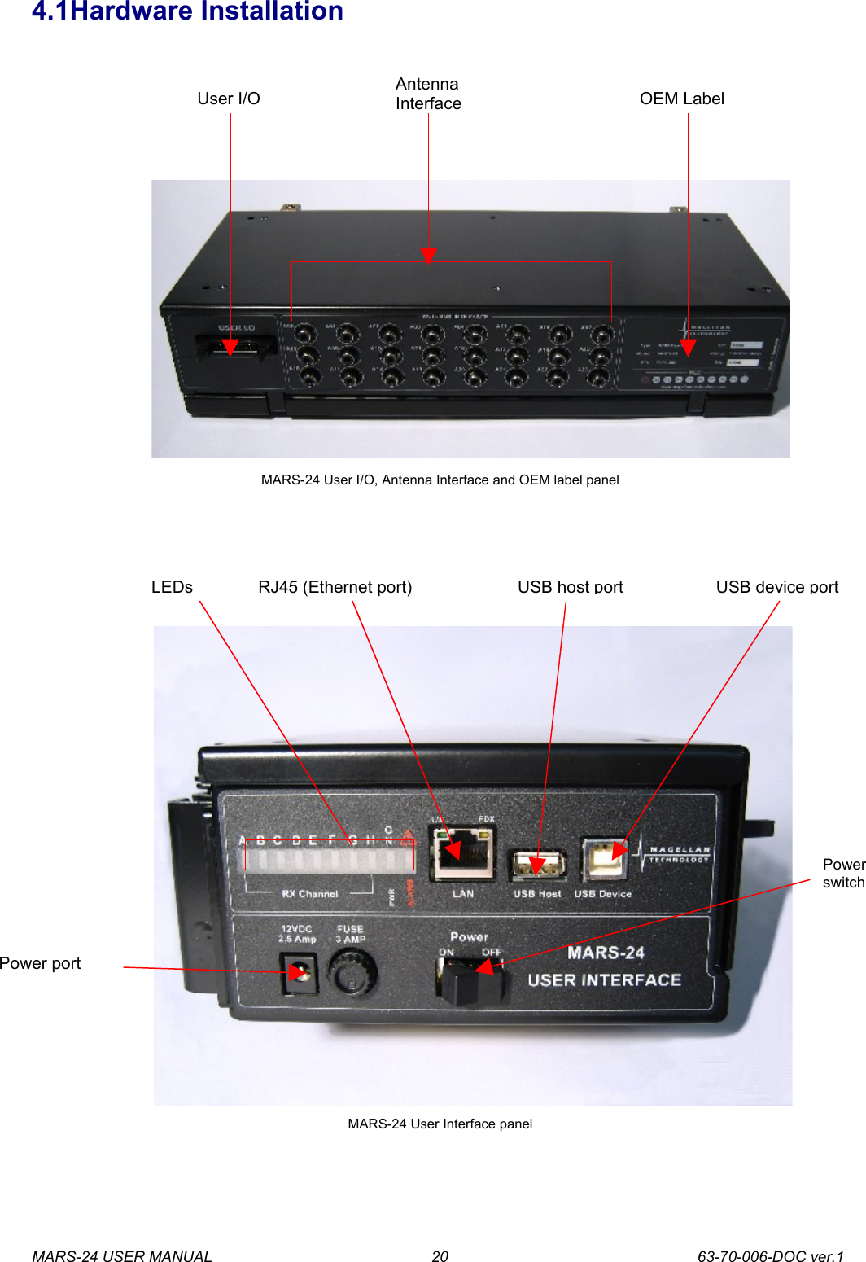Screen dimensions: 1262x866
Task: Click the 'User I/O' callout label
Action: click(x=228, y=99)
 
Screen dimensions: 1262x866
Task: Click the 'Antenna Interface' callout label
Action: click(x=428, y=94)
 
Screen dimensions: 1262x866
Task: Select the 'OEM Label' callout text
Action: click(x=681, y=99)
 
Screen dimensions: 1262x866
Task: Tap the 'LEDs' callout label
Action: click(x=172, y=587)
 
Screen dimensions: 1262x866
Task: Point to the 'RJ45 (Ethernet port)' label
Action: click(x=335, y=587)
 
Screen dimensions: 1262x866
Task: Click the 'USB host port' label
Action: click(x=570, y=587)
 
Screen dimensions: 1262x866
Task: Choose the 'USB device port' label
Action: click(x=776, y=587)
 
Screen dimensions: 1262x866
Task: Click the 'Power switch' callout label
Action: click(x=843, y=873)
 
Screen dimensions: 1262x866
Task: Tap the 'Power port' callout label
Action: click(x=41, y=963)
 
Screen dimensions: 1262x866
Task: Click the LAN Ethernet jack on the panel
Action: click(x=462, y=853)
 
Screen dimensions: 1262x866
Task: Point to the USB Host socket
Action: click(x=537, y=865)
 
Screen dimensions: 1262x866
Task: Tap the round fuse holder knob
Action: click(x=352, y=972)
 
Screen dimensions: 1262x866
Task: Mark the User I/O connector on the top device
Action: click(x=229, y=347)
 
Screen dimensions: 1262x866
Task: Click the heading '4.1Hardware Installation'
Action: click(x=187, y=11)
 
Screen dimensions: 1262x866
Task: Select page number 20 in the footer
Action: click(x=440, y=1256)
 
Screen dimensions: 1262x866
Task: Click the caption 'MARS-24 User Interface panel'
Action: click(x=440, y=1124)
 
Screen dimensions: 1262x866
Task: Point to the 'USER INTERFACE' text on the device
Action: click(x=604, y=980)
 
